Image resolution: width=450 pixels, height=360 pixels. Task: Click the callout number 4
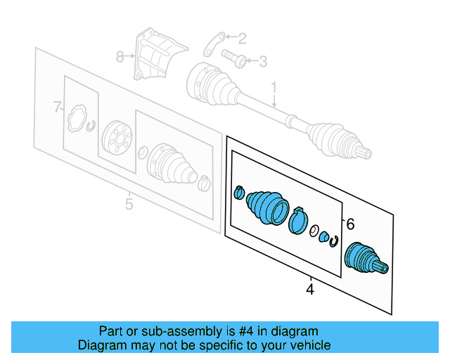coord(309,288)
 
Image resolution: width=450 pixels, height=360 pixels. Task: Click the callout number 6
coord(350,224)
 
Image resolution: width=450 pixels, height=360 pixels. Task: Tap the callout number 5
coord(129,205)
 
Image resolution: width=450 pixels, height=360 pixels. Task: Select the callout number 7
coord(57,108)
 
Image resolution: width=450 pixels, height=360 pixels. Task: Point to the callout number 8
coord(120,56)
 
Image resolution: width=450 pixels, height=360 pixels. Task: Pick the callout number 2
coord(242,38)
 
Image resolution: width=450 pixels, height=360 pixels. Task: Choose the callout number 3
coord(263,63)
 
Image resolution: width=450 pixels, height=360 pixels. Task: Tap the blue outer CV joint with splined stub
coord(364,261)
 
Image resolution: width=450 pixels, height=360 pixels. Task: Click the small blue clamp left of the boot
coord(239,191)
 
